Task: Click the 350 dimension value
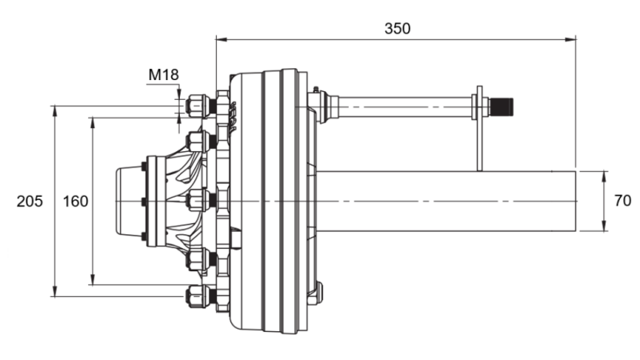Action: pos(397,28)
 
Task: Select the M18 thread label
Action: pos(163,75)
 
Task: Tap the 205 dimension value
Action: pos(30,202)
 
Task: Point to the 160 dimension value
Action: pos(75,202)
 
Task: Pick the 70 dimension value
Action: pos(622,202)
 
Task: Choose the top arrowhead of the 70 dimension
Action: pos(602,174)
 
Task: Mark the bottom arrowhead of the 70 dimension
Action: pos(602,227)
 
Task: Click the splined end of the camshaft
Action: pos(502,105)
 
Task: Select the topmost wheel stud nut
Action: pos(197,105)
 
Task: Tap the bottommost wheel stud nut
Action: pos(197,296)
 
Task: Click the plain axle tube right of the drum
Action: pos(448,201)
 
